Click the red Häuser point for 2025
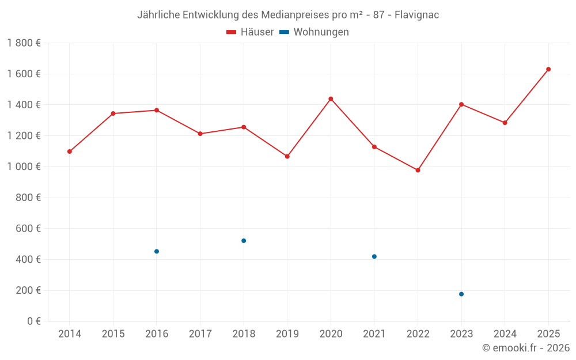[x=548, y=69]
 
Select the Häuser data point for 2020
[x=331, y=98]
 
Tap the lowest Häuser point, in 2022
[x=418, y=170]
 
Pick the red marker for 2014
[x=70, y=151]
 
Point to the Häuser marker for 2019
[x=287, y=156]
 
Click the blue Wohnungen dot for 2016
[x=157, y=251]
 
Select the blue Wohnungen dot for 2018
[x=244, y=241]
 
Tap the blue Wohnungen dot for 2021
[x=374, y=256]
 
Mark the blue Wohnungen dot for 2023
[x=461, y=294]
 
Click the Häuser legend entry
[x=250, y=32]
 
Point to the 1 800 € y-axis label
[x=24, y=43]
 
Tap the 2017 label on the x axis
[x=200, y=334]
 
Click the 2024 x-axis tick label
[x=505, y=334]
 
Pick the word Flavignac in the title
[x=416, y=15]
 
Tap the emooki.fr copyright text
[x=525, y=348]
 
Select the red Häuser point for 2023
[x=461, y=104]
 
